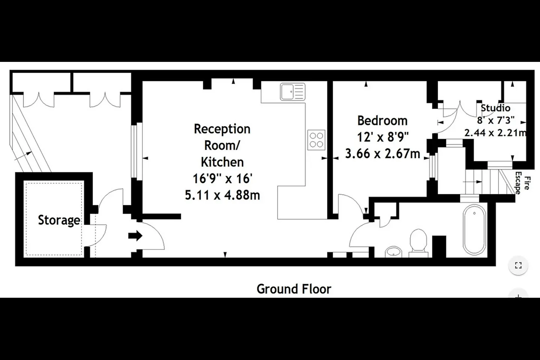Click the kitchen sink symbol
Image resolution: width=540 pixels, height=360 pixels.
coord(292,91)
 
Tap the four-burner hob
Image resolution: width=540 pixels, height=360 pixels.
coord(316,140)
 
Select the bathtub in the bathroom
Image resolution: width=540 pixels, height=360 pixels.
coord(474,230)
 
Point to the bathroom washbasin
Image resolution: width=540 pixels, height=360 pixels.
coord(393,252)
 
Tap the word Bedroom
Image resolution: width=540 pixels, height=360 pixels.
coord(382,121)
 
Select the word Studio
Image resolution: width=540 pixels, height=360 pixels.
coord(495,108)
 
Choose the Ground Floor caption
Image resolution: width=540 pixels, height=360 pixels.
coord(294,289)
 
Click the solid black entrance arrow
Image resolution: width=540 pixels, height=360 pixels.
coord(135,235)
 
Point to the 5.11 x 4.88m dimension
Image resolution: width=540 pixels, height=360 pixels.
coord(222,195)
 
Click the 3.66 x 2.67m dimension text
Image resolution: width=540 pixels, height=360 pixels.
coord(382,154)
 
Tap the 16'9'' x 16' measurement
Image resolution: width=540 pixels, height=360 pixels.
coord(222,178)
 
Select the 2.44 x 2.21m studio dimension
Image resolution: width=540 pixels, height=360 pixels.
coord(495,133)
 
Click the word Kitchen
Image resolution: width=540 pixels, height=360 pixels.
coord(222,162)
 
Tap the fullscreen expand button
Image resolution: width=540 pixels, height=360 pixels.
coord(518,265)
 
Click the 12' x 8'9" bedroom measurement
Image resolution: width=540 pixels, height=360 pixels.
coord(382,137)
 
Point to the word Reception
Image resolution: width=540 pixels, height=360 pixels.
coord(222,129)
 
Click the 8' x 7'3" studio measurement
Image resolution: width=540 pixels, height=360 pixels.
coord(496,120)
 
